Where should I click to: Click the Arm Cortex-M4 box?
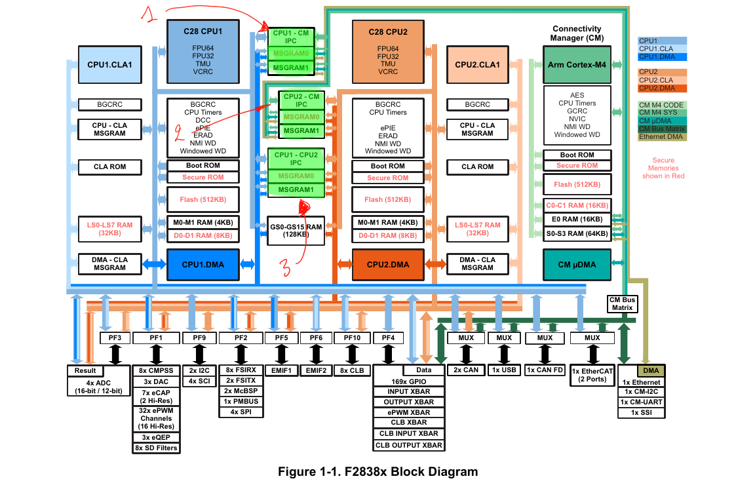pos(576,64)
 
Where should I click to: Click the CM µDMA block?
pos(576,264)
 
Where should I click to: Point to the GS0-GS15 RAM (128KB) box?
pos(296,231)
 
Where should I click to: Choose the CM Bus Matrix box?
pos(623,304)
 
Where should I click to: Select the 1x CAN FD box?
pos(545,370)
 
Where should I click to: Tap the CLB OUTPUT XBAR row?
pos(408,445)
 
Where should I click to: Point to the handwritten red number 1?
pos(151,14)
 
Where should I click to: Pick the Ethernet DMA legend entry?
pos(662,136)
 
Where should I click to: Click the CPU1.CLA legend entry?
pos(662,48)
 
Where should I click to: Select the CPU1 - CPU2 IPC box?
pos(296,158)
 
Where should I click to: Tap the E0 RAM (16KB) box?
pos(576,219)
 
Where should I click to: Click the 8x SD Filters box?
pos(156,448)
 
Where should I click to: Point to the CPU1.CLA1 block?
pos(109,64)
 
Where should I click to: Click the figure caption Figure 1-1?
pos(378,472)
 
